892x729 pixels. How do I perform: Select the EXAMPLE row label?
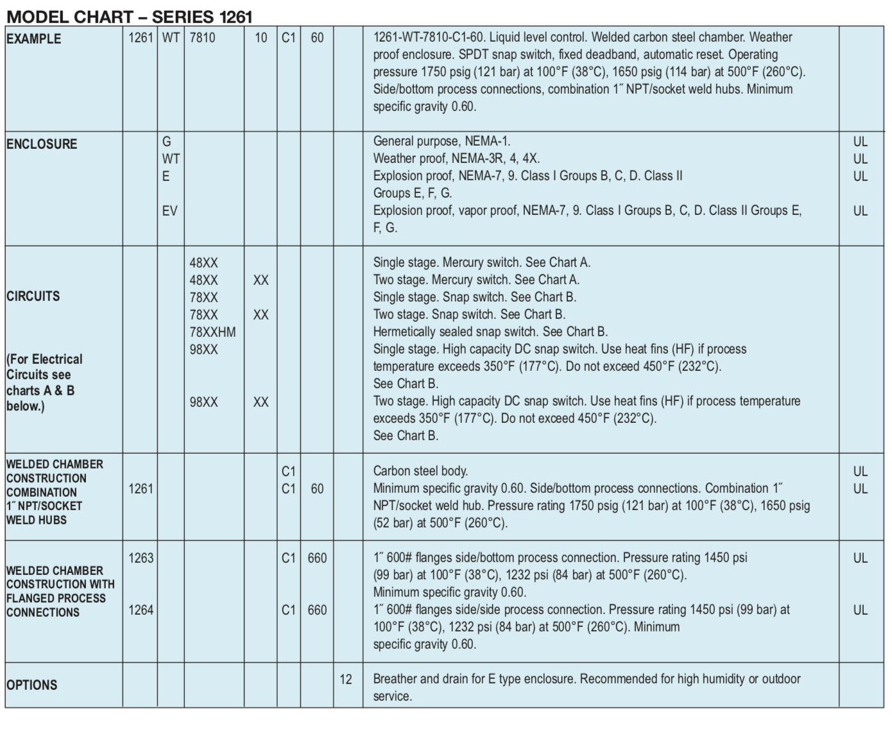pyautogui.click(x=33, y=39)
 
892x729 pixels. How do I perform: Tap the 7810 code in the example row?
pyautogui.click(x=202, y=38)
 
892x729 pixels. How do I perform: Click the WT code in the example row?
pyautogui.click(x=171, y=38)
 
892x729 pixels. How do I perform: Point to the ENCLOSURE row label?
pyautogui.click(x=42, y=144)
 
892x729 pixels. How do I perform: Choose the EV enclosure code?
pyautogui.click(x=169, y=211)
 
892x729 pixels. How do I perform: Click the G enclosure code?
pyautogui.click(x=166, y=141)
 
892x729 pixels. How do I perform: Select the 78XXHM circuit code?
pyautogui.click(x=212, y=332)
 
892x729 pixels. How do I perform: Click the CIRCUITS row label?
pyautogui.click(x=33, y=296)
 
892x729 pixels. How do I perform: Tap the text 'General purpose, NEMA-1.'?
pyautogui.click(x=442, y=141)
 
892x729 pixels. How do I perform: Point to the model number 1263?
pyautogui.click(x=141, y=558)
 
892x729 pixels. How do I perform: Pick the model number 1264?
pyautogui.click(x=141, y=610)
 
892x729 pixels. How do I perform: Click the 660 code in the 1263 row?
pyautogui.click(x=317, y=558)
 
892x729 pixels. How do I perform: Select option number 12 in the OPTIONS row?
pyautogui.click(x=346, y=679)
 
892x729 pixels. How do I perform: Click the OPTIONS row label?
pyautogui.click(x=32, y=685)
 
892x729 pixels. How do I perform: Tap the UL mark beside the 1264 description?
pyautogui.click(x=860, y=610)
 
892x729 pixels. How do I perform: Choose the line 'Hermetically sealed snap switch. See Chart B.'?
pyautogui.click(x=490, y=332)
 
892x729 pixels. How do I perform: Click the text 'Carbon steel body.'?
pyautogui.click(x=420, y=471)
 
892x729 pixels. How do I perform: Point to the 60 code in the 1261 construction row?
pyautogui.click(x=317, y=488)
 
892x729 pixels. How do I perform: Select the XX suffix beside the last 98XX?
pyautogui.click(x=261, y=402)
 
